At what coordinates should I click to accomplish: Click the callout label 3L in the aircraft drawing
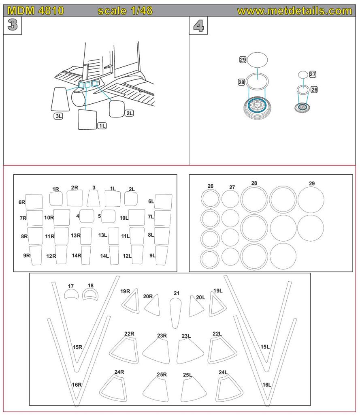59,116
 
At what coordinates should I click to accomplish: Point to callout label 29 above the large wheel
243,60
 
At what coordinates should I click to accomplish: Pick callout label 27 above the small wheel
313,74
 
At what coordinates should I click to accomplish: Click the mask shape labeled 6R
34,201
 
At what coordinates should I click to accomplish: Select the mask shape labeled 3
94,199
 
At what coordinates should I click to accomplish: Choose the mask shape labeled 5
108,216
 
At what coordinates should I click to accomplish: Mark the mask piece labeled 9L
162,255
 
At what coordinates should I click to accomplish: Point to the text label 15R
77,347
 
